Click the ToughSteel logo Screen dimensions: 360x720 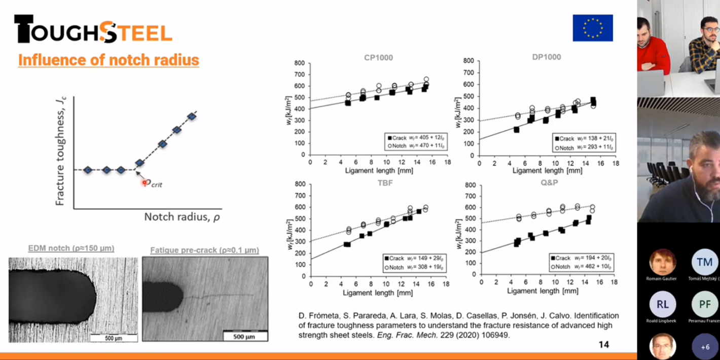click(x=93, y=29)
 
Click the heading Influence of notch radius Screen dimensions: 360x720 click(x=109, y=60)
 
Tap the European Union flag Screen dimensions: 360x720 click(x=593, y=27)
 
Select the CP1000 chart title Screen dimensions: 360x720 click(x=378, y=57)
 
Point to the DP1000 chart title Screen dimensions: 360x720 click(x=546, y=57)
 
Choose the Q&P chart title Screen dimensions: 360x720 click(x=549, y=183)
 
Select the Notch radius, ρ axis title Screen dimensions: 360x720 click(x=182, y=217)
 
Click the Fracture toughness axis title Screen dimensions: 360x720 click(x=60, y=151)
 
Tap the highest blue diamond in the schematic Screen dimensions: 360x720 click(x=192, y=117)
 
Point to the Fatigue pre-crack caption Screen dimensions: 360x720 click(x=204, y=250)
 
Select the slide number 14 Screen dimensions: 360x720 click(x=603, y=345)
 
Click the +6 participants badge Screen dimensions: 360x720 click(x=705, y=347)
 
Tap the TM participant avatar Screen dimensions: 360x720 click(x=704, y=262)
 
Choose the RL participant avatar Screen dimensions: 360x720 click(x=662, y=304)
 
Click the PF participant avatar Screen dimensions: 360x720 click(x=704, y=304)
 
